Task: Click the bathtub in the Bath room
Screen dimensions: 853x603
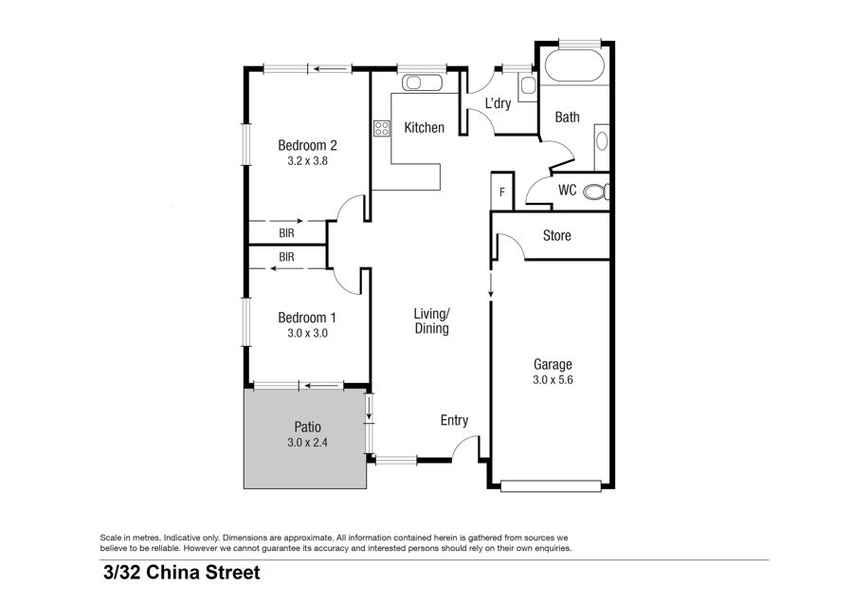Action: pos(574,65)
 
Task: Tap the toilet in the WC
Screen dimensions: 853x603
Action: pos(597,192)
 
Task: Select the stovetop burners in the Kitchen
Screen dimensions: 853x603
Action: pos(382,128)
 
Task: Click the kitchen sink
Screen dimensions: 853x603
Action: pos(422,82)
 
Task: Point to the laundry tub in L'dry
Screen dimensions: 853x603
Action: pos(527,86)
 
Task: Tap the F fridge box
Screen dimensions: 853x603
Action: pos(502,192)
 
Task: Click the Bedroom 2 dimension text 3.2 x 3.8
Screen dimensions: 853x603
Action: pos(307,161)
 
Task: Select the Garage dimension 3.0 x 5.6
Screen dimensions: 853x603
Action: pos(553,380)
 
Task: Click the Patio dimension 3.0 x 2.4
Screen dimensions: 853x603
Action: pos(307,443)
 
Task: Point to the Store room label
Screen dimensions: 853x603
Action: pos(557,236)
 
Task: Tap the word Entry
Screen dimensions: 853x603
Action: pos(454,421)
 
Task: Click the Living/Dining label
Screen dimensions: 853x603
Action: pos(432,321)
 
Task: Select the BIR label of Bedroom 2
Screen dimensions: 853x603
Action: pos(286,233)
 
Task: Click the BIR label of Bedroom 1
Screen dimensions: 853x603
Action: pos(286,257)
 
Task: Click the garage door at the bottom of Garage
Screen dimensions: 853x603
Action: pos(551,486)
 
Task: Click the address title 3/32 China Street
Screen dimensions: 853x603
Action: pos(182,573)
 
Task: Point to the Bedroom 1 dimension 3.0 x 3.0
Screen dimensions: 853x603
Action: pos(307,334)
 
